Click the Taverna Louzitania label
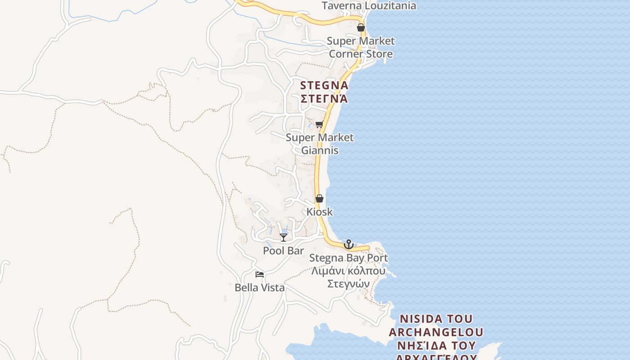pyautogui.click(x=369, y=6)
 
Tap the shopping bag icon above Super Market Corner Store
pyautogui.click(x=360, y=27)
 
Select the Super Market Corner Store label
pyautogui.click(x=360, y=47)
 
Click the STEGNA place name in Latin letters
pyautogui.click(x=324, y=85)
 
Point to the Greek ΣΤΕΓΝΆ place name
pyautogui.click(x=324, y=98)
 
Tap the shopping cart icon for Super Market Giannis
pyautogui.click(x=319, y=124)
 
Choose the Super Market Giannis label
pyautogui.click(x=319, y=144)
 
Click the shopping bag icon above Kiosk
pyautogui.click(x=319, y=198)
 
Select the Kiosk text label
pyautogui.click(x=319, y=211)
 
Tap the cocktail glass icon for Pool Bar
pyautogui.click(x=283, y=237)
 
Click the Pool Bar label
pyautogui.click(x=283, y=251)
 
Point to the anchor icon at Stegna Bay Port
pyautogui.click(x=348, y=244)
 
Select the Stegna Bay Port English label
pyautogui.click(x=348, y=258)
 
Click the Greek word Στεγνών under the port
pyautogui.click(x=348, y=283)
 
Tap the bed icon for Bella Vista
pyautogui.click(x=260, y=274)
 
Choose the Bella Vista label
pyautogui.click(x=260, y=288)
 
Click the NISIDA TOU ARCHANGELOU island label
pyautogui.click(x=436, y=325)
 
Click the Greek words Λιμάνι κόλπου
pyautogui.click(x=348, y=271)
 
